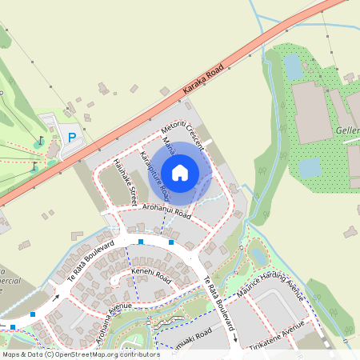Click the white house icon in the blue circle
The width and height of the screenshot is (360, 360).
pos(180,172)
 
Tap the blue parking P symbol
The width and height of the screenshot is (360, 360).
pos(72,138)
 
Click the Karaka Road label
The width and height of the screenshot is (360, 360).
pos(201,82)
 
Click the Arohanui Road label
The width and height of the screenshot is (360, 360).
pos(166,210)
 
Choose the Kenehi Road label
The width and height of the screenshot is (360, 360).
pos(152,277)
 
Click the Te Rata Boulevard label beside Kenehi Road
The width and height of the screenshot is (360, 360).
pos(93,257)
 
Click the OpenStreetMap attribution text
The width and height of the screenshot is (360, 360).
pos(81,354)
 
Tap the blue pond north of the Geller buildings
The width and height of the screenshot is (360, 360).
pos(293,67)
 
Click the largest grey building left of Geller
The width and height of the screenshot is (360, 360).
pos(312,112)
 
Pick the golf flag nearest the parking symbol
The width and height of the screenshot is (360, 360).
pos(40,141)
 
